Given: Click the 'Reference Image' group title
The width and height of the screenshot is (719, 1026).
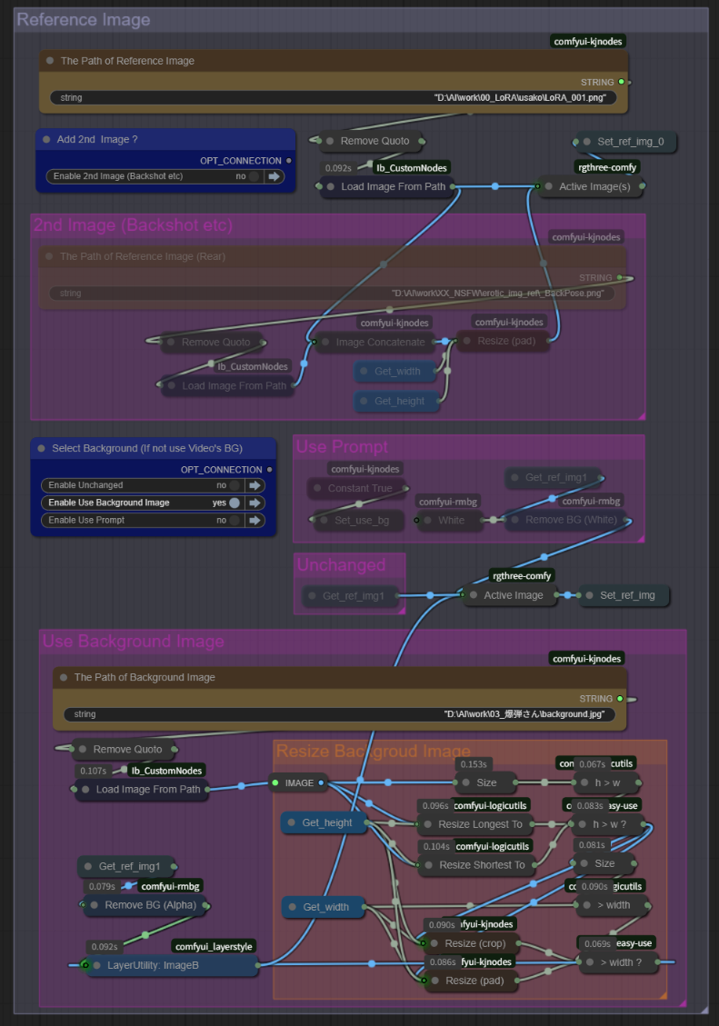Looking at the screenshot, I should [84, 20].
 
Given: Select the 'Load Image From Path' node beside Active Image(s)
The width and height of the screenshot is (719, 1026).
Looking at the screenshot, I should [394, 187].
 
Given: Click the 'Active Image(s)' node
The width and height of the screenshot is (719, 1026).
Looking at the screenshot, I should [594, 187].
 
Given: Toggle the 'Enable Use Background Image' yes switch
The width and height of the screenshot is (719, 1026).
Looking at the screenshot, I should [235, 503].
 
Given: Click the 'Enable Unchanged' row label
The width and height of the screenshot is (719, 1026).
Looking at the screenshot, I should [87, 485].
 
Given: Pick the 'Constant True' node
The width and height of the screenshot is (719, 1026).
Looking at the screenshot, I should [360, 489].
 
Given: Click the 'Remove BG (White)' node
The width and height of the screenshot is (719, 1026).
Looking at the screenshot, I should [572, 520].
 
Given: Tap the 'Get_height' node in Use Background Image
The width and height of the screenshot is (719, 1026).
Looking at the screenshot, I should [326, 823].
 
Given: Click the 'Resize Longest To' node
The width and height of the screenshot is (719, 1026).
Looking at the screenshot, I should [480, 824].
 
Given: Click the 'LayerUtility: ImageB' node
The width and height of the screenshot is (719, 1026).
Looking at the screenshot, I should [153, 965].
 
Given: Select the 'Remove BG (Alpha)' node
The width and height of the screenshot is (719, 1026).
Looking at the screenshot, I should [149, 904].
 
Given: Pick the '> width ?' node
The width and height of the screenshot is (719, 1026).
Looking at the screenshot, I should [620, 962].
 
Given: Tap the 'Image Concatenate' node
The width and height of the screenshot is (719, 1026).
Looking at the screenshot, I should [380, 343].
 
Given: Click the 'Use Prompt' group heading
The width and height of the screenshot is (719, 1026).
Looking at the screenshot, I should [342, 447].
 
